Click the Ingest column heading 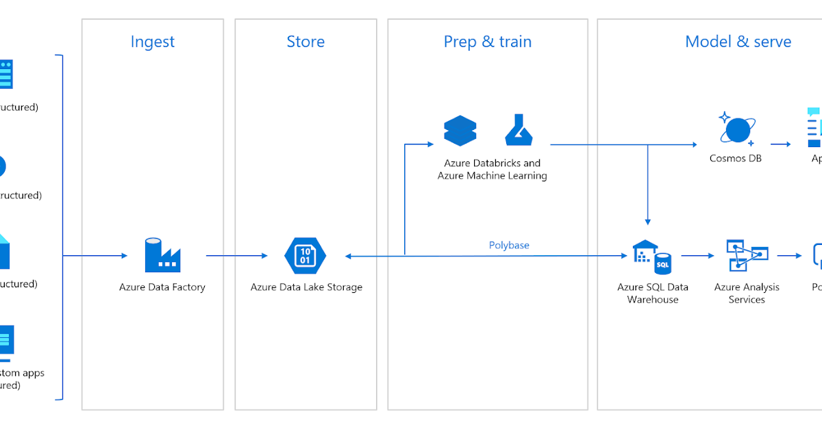point(152,42)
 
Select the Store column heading point(306,42)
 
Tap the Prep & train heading point(487,42)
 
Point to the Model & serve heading point(738,42)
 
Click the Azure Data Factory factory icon point(162,255)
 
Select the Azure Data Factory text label point(162,287)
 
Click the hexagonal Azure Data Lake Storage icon point(306,256)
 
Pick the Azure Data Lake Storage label point(306,287)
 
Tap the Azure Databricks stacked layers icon point(460,131)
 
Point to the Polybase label point(509,245)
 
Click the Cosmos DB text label point(736,158)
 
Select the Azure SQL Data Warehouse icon point(652,257)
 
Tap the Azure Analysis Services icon point(747,256)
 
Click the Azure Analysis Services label point(747,293)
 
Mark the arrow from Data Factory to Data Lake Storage point(236,256)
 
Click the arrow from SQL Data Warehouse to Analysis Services point(697,256)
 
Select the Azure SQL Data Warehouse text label point(653,293)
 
